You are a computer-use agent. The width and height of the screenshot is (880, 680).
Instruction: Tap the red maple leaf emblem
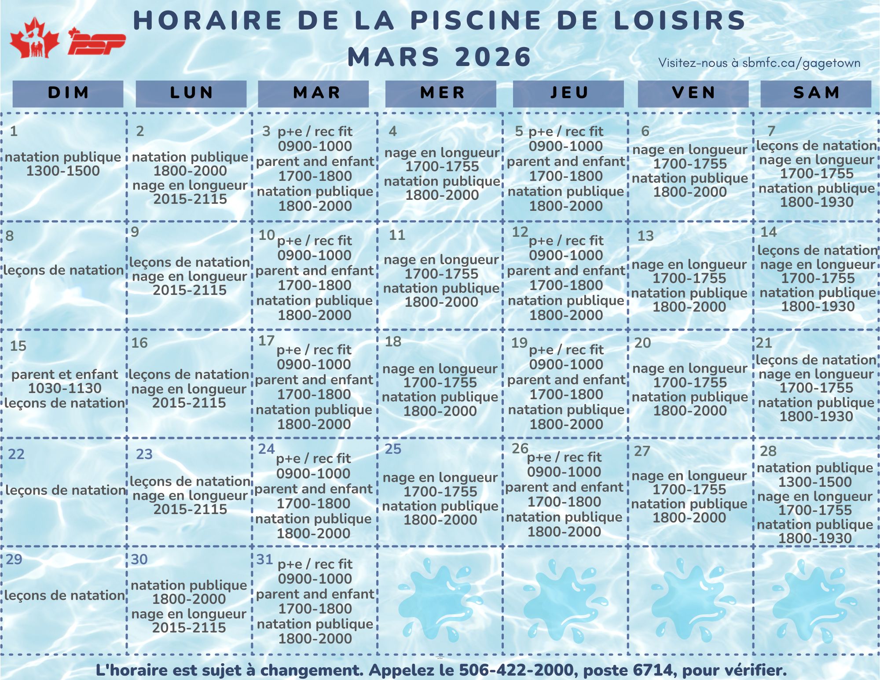pos(34,38)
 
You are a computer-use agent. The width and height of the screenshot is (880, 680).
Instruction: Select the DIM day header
pos(68,93)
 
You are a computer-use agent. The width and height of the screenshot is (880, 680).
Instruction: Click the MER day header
pos(441,93)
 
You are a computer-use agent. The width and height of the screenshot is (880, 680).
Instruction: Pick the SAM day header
pos(816,93)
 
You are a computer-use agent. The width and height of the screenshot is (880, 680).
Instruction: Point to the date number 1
pos(14,131)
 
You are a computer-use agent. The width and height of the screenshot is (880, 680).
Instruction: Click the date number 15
pos(18,346)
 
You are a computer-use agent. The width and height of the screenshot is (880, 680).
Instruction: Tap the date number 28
pos(768,451)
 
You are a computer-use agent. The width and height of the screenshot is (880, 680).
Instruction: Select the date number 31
pos(265,559)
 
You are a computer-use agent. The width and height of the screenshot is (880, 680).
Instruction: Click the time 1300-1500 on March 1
pos(63,171)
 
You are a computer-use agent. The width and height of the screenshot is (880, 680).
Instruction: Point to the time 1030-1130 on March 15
pos(65,389)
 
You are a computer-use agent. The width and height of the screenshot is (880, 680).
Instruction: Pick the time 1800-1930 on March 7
pos(817,202)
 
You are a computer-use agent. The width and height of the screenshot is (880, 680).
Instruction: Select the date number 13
pos(645,236)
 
